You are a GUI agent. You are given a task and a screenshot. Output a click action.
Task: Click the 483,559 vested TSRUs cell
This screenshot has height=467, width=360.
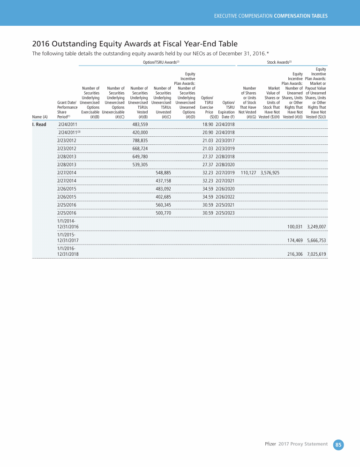(140, 125)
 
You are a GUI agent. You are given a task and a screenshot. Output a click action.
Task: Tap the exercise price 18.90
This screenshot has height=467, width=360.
(208, 125)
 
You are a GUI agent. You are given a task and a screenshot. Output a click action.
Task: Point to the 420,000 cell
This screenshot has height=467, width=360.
(140, 133)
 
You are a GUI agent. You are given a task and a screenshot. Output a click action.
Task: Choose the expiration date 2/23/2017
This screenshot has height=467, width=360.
(225, 140)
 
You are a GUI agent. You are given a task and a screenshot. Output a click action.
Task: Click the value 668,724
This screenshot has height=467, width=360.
(140, 148)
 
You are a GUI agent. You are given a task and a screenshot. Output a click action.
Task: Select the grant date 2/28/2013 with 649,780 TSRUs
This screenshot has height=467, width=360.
(67, 156)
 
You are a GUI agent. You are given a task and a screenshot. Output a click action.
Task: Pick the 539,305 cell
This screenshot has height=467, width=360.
(140, 165)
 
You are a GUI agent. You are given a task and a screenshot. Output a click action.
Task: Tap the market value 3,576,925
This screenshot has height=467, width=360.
(270, 173)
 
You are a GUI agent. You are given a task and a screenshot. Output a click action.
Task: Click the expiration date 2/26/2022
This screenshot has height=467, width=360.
(225, 197)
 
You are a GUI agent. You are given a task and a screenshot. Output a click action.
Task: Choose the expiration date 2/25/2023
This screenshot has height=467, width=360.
(225, 213)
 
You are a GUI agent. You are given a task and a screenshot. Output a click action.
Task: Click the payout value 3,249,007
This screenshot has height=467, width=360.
(316, 227)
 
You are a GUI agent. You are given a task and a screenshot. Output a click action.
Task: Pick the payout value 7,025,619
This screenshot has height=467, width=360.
(316, 254)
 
